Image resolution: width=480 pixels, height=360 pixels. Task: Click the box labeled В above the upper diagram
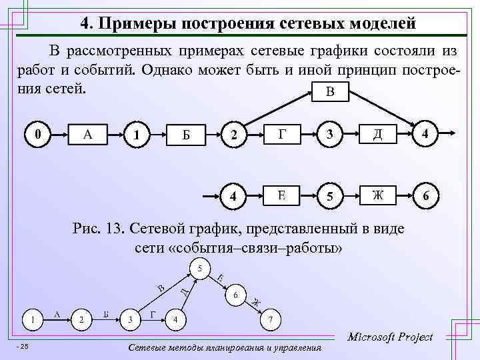click(330, 91)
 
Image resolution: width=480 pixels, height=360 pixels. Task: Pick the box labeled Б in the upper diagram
click(187, 135)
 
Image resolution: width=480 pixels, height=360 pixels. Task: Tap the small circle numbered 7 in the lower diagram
click(269, 319)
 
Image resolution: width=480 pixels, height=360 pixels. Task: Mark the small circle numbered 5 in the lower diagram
click(198, 269)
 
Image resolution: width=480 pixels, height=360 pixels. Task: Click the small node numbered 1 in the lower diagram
click(31, 319)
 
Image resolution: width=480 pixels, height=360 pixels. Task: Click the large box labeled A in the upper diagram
click(87, 135)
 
